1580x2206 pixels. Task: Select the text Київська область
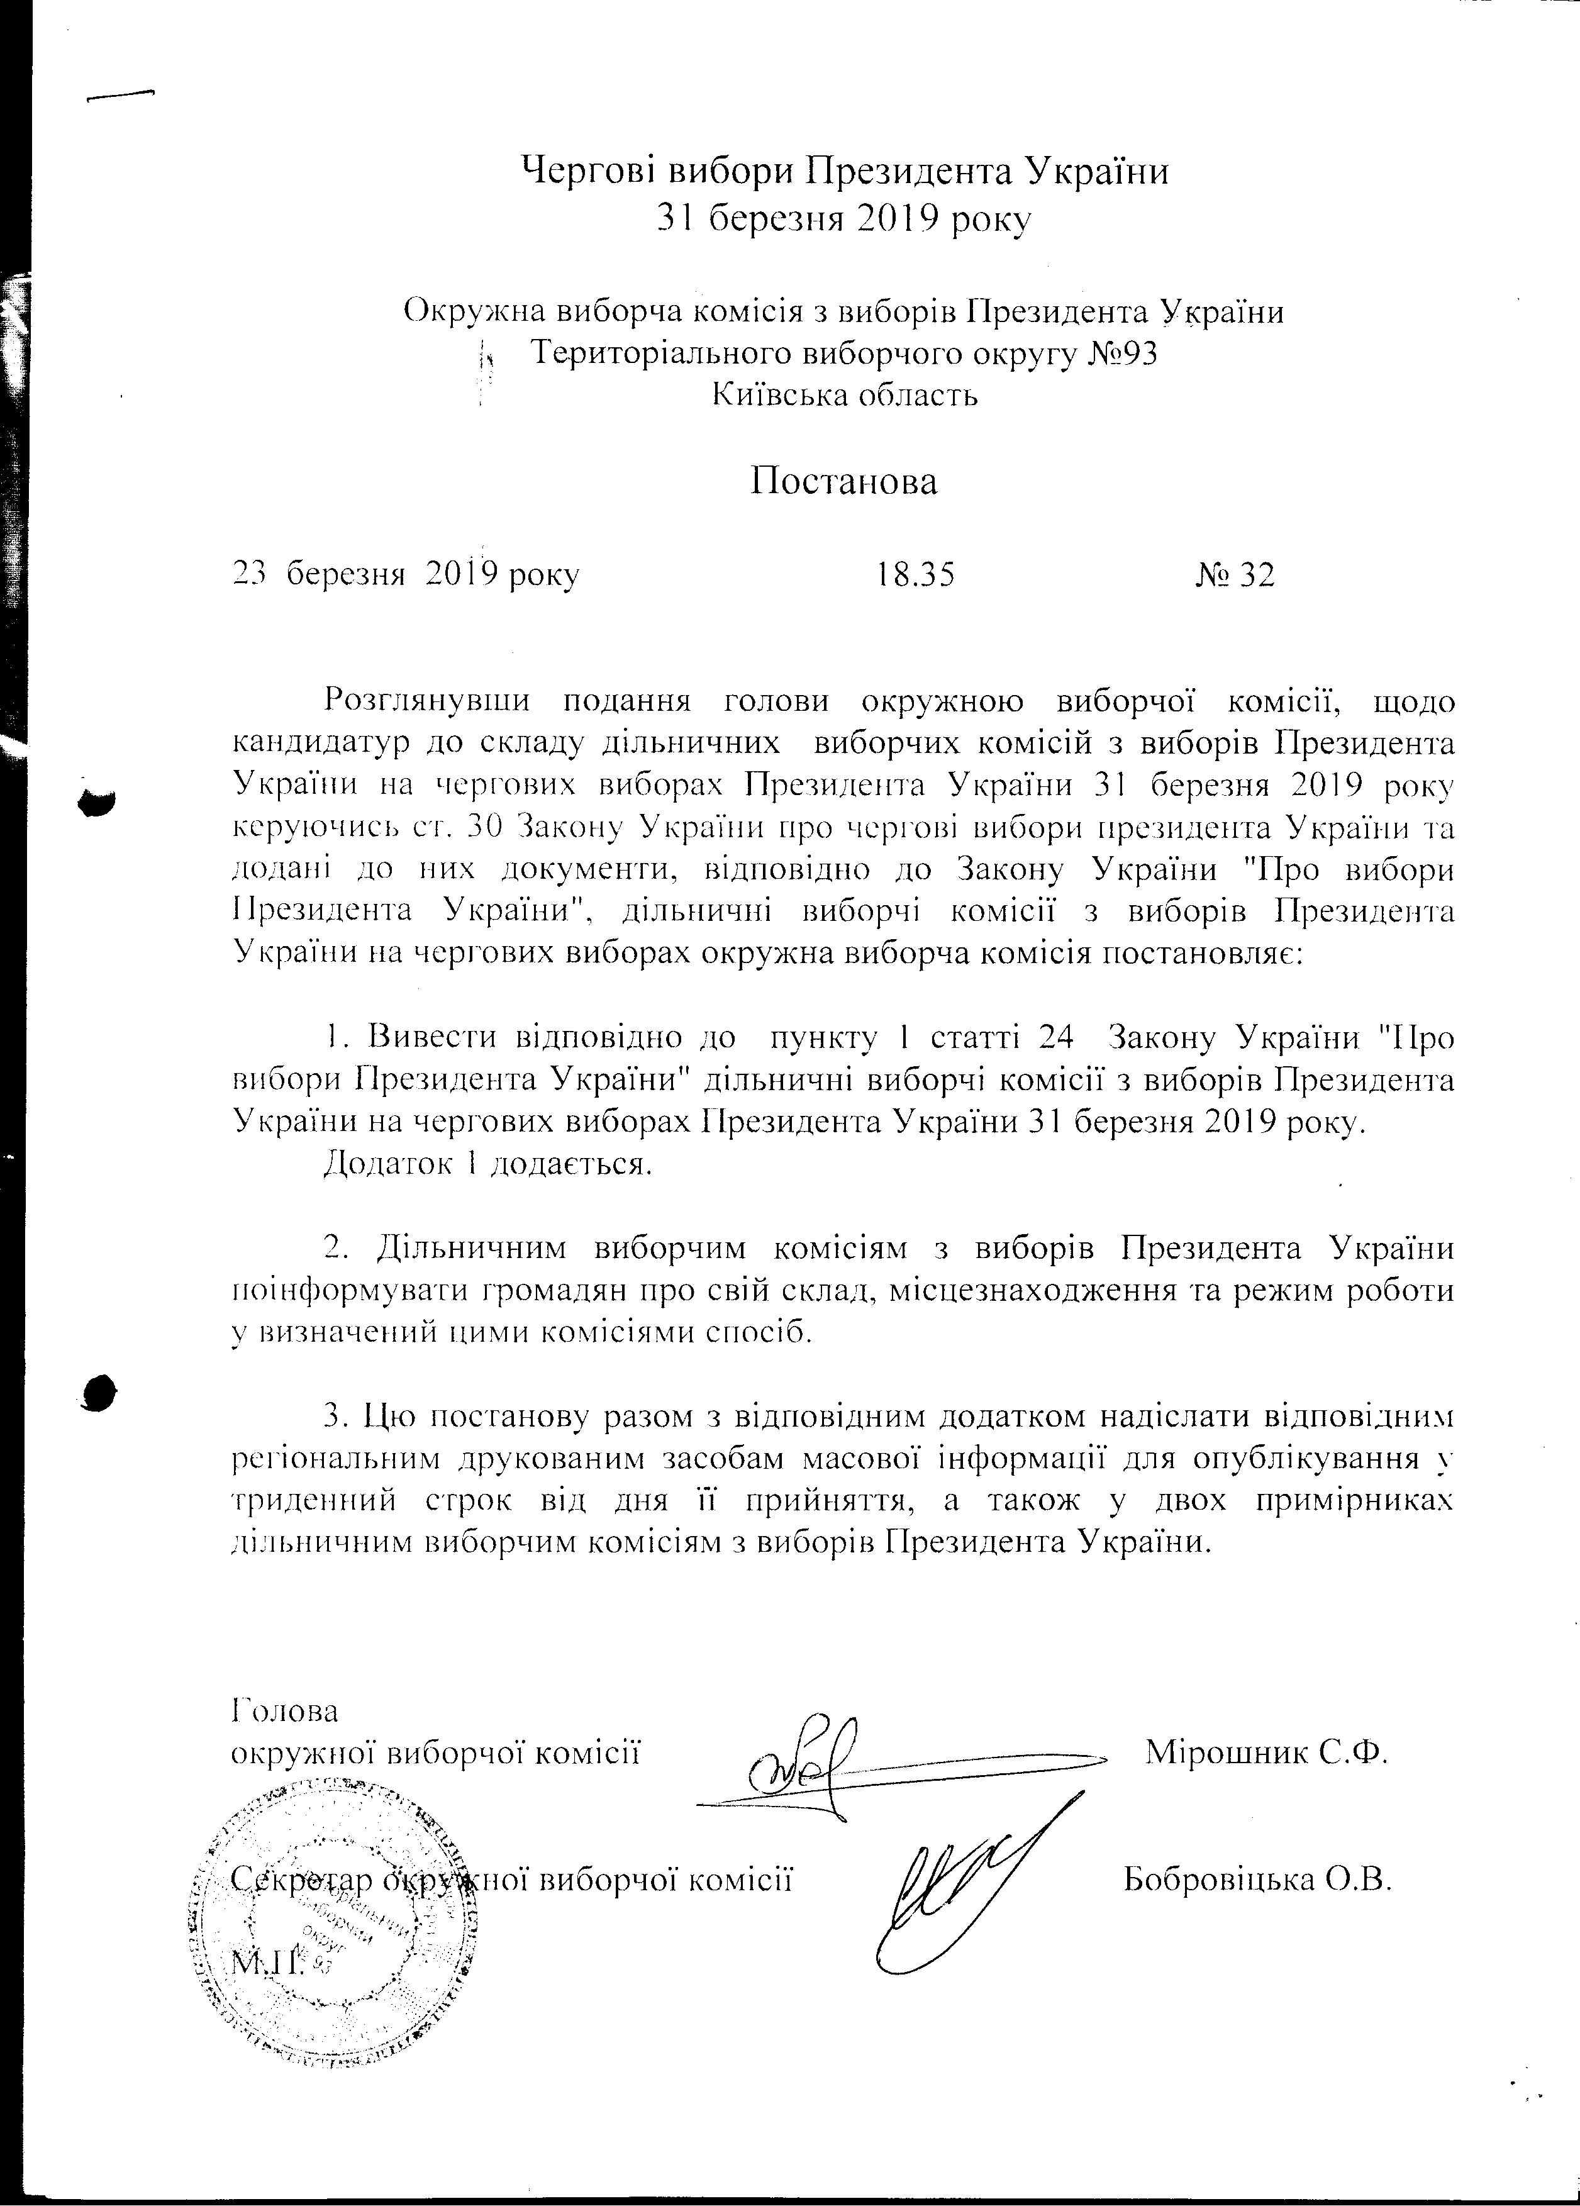click(845, 396)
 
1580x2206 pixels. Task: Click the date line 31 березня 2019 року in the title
click(844, 220)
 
